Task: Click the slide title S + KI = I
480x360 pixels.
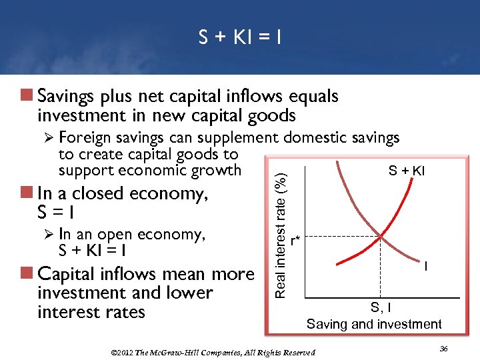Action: pos(240,38)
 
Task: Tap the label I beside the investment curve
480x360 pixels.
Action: pos(425,266)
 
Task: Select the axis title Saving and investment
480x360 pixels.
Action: pos(374,325)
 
